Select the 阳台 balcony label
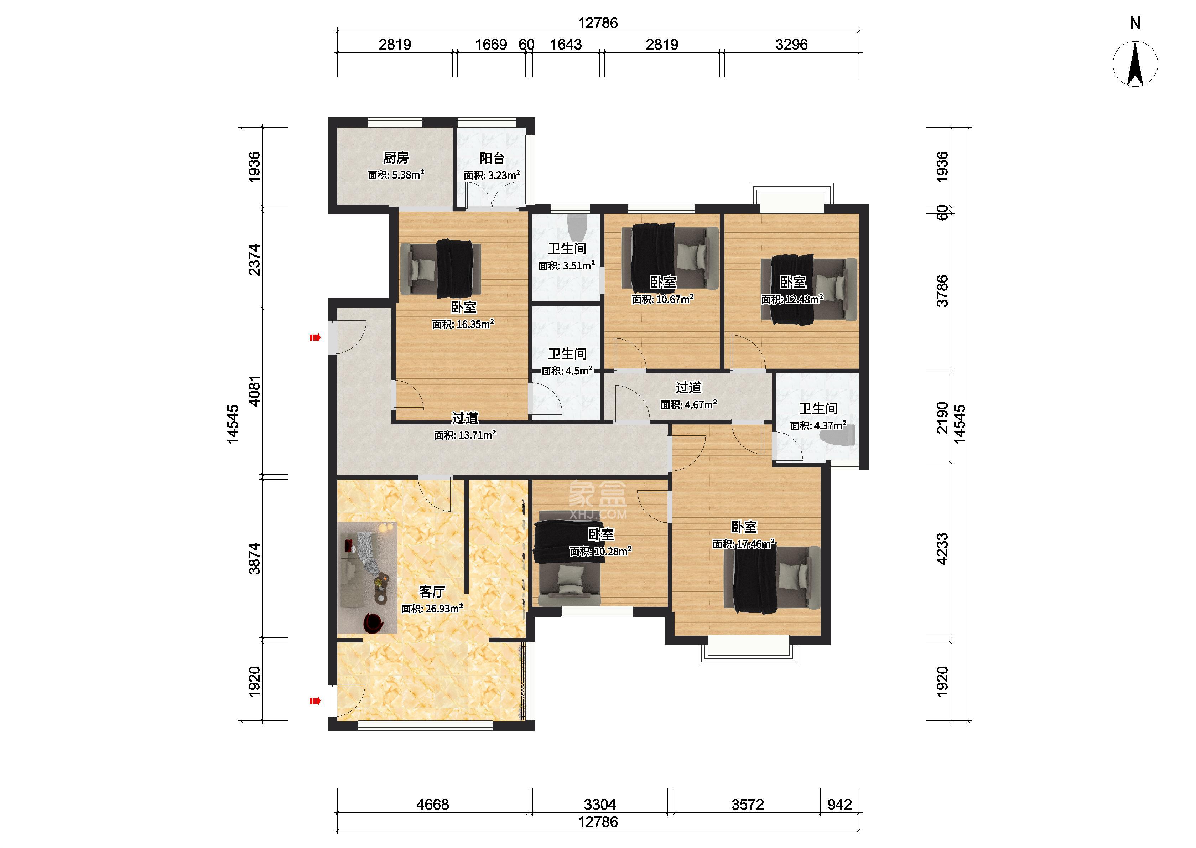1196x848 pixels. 492,158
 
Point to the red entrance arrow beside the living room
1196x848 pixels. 314,701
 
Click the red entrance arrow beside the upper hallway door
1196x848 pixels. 314,338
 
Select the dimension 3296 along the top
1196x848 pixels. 791,45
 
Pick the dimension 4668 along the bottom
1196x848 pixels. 433,805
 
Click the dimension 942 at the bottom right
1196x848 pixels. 839,805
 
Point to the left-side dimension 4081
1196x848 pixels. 254,391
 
